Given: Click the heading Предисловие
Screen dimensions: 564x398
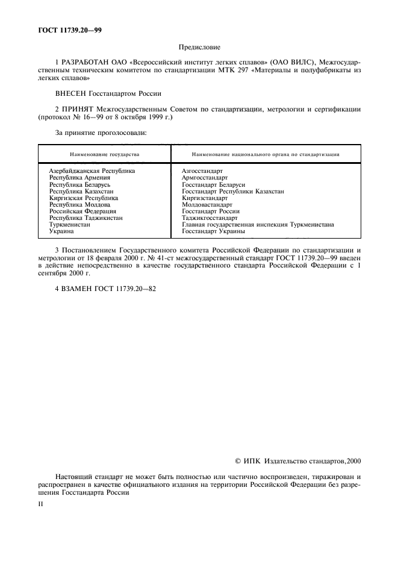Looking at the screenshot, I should tap(199, 47).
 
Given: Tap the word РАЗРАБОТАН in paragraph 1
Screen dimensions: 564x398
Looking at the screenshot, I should tap(86, 63).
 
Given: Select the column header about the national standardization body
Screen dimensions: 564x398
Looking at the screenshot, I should tap(265, 154).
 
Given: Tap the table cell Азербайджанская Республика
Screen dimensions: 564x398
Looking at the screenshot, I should tap(92, 171).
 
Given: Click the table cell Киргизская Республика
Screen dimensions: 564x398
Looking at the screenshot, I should tap(83, 198).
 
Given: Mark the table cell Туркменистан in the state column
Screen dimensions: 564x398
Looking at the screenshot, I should tap(69, 224).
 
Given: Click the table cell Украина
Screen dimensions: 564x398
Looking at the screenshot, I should tap(61, 231).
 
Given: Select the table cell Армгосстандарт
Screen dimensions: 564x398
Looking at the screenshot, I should tap(205, 178).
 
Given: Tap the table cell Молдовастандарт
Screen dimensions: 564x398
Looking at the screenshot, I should tap(206, 204).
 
